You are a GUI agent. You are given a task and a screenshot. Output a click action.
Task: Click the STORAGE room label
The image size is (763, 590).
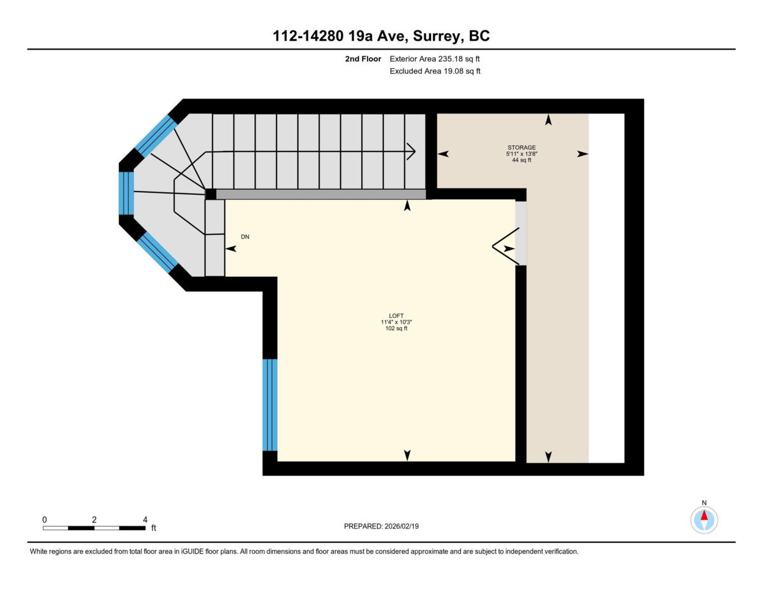point(521,148)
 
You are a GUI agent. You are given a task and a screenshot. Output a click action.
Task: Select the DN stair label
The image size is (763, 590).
point(245,237)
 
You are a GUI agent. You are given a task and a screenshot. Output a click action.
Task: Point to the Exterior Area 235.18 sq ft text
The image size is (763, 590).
point(435,59)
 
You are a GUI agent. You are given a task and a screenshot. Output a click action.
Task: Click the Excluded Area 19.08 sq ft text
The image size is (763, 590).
point(435,71)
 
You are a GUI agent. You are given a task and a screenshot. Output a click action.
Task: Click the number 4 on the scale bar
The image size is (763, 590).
point(146,519)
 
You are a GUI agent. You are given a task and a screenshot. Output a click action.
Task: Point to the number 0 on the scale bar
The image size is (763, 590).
point(45,519)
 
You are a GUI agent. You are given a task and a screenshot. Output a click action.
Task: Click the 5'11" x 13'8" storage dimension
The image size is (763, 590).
point(521,154)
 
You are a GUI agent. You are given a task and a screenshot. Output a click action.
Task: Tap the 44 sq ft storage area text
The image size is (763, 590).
point(521,160)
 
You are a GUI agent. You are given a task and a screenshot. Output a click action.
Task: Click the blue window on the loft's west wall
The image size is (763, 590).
point(270,405)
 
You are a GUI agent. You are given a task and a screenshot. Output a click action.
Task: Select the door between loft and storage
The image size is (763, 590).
point(521,233)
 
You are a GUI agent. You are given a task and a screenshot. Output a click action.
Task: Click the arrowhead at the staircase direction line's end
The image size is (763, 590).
point(412,151)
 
